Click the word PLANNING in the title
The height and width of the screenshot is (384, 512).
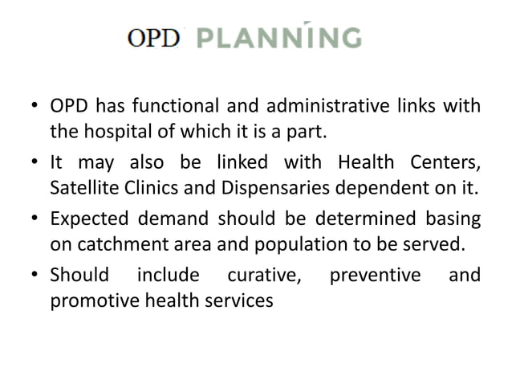click(278, 39)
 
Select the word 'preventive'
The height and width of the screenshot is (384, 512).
click(376, 276)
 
